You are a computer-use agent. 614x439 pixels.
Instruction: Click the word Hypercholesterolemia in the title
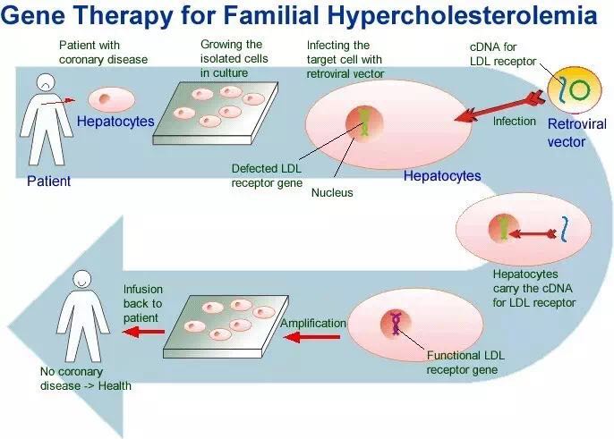(x=462, y=16)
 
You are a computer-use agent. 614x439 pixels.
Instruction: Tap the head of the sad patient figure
(x=46, y=82)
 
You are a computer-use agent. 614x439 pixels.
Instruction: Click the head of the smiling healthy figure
(x=81, y=280)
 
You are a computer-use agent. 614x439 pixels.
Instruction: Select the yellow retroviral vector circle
(x=574, y=89)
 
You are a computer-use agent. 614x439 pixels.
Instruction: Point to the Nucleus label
(x=332, y=192)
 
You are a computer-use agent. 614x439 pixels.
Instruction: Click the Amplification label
(x=313, y=323)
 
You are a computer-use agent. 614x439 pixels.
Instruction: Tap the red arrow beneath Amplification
(x=311, y=336)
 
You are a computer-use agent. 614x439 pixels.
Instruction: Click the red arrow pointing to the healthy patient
(x=143, y=332)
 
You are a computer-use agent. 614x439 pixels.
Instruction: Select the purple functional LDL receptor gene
(x=396, y=324)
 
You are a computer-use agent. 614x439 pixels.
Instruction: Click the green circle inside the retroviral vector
(x=579, y=90)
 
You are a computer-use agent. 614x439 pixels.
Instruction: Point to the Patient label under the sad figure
(x=48, y=182)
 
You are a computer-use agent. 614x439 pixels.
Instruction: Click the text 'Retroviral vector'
(x=576, y=132)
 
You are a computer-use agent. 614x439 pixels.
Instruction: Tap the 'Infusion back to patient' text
(x=143, y=303)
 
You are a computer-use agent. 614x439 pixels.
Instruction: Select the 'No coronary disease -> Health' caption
(x=85, y=379)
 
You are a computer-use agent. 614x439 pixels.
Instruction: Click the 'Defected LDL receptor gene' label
(x=267, y=175)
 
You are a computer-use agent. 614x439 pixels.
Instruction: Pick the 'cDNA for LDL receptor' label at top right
(x=503, y=54)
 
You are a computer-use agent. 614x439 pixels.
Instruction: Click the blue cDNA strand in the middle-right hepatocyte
(x=564, y=229)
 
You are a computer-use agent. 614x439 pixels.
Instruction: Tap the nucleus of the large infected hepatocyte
(x=364, y=123)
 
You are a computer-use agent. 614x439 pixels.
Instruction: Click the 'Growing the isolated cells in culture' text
(x=235, y=59)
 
